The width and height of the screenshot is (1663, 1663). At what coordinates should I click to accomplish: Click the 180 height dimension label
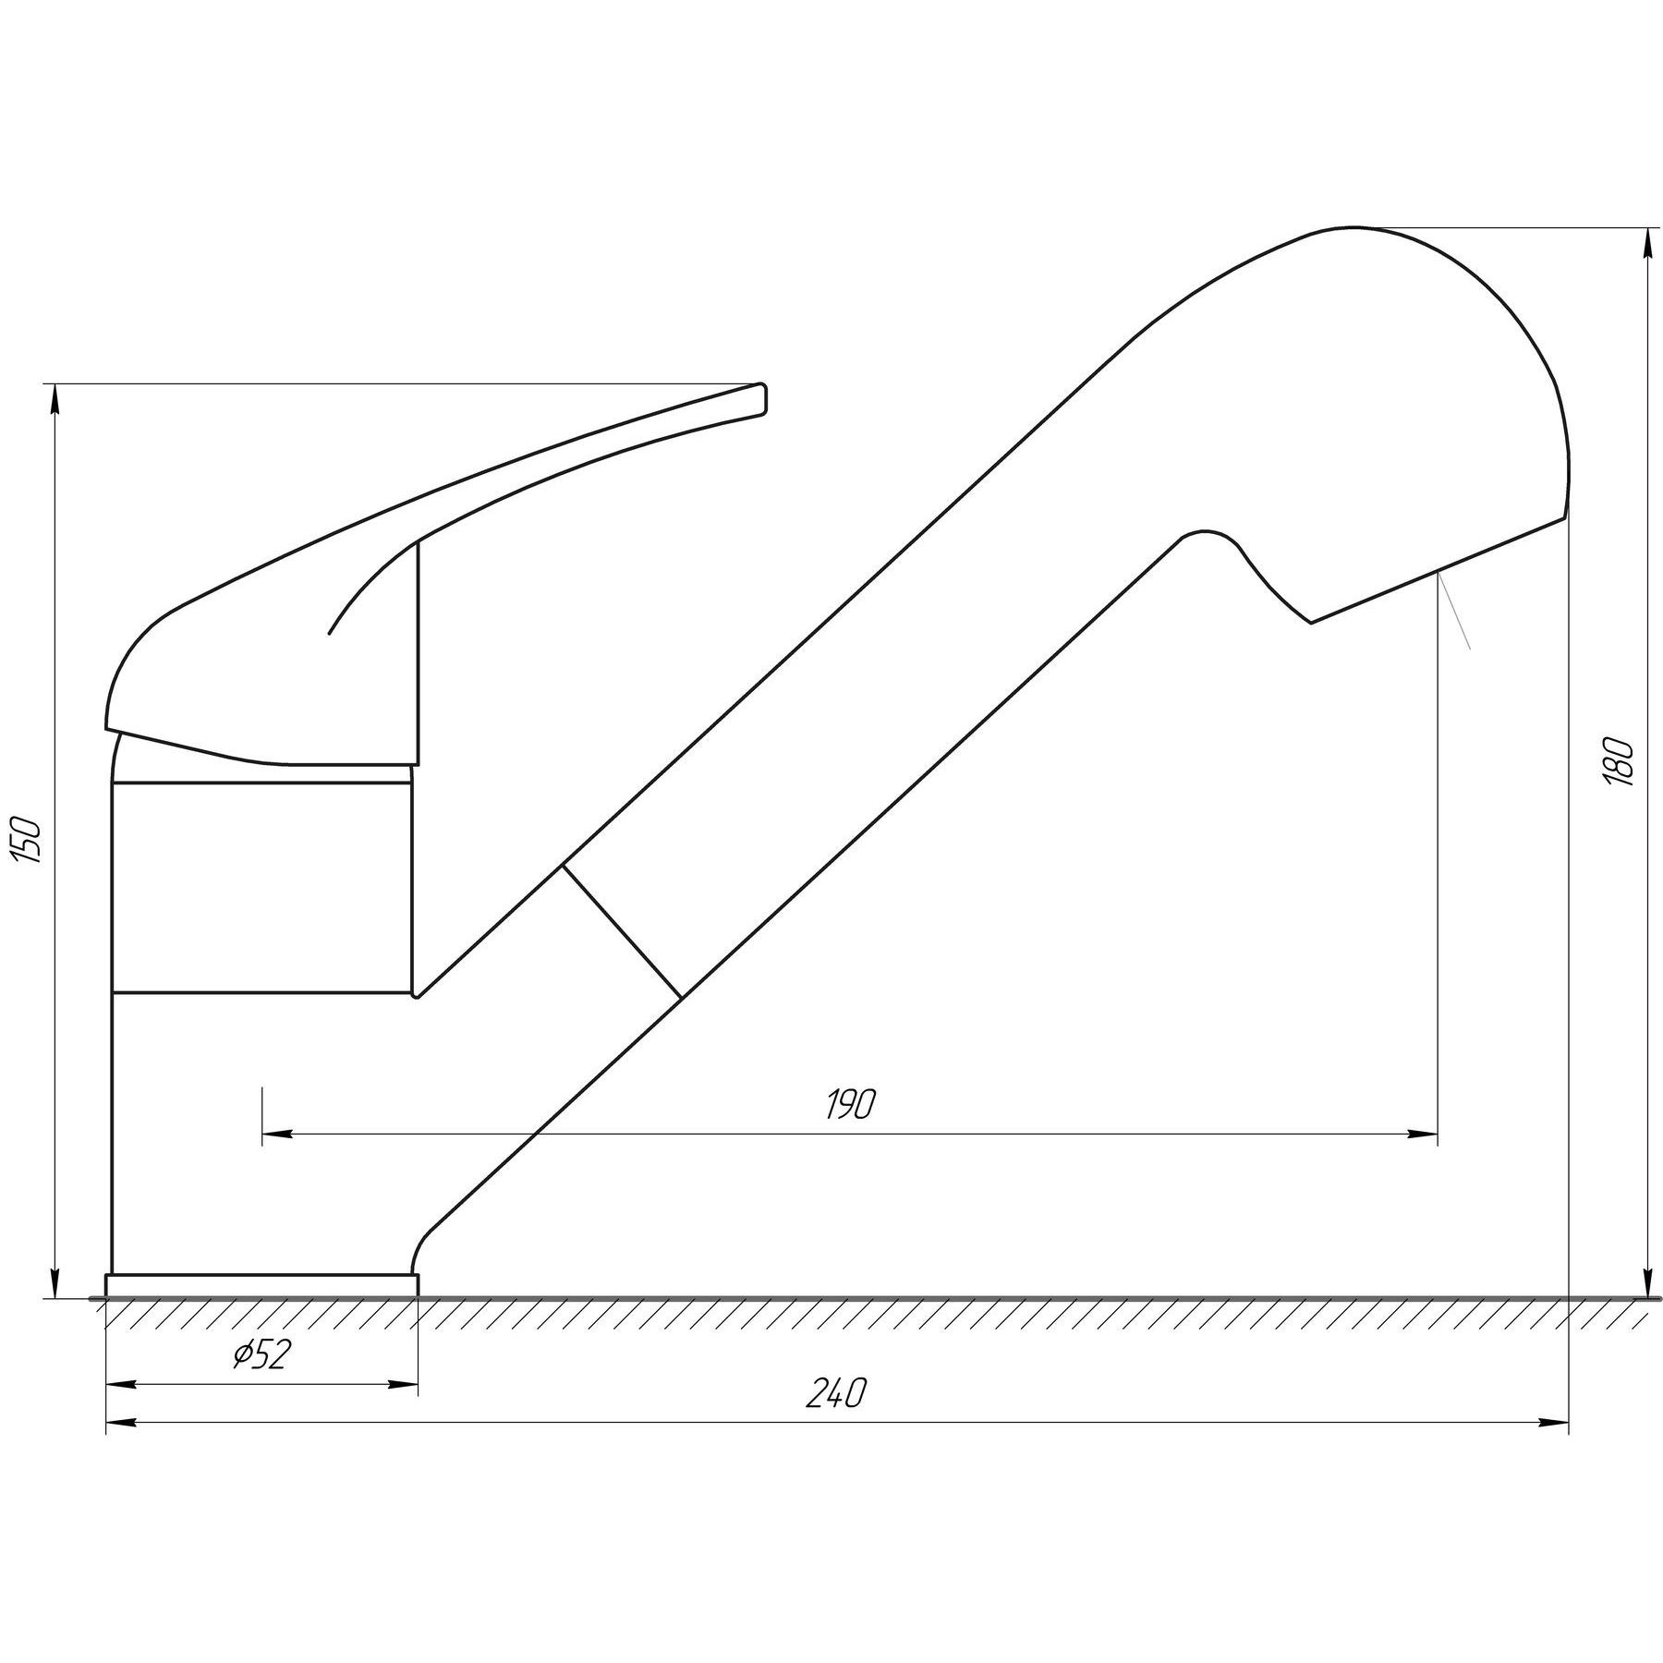coord(1622,761)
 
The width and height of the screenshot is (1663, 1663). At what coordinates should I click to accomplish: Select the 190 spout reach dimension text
coord(850,1104)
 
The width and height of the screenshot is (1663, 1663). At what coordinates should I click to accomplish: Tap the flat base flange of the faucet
coord(261,1286)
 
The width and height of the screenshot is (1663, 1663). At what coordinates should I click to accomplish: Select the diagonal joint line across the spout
coord(622,931)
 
